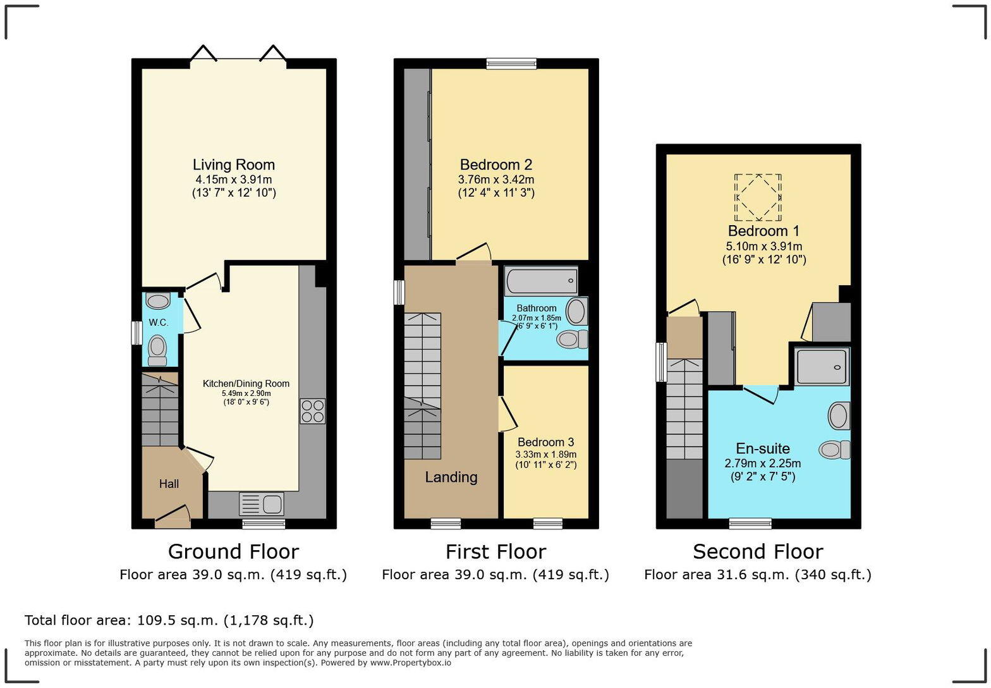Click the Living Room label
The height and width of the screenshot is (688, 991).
(233, 165)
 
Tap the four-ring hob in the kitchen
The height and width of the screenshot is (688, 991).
(312, 411)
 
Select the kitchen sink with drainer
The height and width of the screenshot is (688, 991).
(262, 505)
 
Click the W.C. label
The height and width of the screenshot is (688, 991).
(159, 322)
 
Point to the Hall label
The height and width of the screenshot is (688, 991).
(169, 484)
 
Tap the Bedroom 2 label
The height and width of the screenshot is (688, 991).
(496, 165)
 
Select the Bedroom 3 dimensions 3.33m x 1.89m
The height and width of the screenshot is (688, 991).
(546, 454)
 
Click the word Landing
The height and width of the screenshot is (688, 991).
(451, 477)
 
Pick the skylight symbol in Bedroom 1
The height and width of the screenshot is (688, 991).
(758, 197)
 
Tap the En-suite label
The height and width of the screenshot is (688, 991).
(763, 449)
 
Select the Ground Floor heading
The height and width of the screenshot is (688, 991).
(233, 551)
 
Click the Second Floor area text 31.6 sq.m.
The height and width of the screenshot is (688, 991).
(758, 575)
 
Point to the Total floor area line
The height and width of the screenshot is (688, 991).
(169, 620)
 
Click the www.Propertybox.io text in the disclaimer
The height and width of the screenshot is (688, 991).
(410, 663)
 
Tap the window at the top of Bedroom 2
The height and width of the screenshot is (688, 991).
(511, 63)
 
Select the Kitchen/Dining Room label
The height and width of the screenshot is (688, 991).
(246, 384)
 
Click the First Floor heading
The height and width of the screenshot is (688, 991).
(495, 551)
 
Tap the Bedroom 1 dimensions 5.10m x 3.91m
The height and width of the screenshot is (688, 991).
(764, 247)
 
